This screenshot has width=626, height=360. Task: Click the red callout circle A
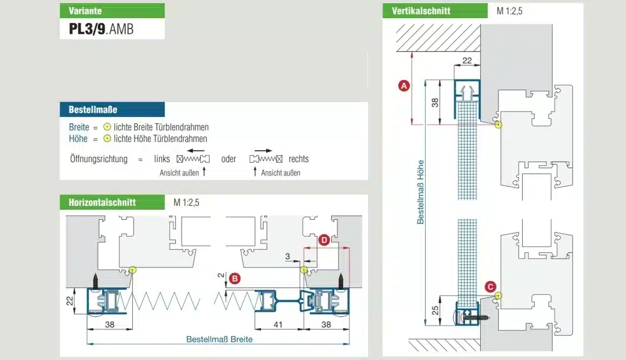[404, 86]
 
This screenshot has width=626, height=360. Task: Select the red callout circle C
[490, 287]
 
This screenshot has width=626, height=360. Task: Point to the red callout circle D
[323, 240]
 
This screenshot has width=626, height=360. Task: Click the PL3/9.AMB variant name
[101, 28]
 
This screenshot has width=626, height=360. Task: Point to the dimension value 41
[279, 324]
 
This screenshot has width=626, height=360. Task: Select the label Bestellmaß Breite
[219, 339]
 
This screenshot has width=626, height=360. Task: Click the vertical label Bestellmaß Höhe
[421, 191]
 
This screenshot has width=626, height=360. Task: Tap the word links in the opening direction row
[162, 159]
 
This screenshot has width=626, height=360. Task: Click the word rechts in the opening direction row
[299, 159]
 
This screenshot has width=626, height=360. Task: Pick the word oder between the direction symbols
[228, 159]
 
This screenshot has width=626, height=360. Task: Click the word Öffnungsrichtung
[98, 159]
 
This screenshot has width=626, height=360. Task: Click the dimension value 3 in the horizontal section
[287, 257]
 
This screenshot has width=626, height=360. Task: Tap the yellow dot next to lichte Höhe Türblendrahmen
[107, 138]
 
